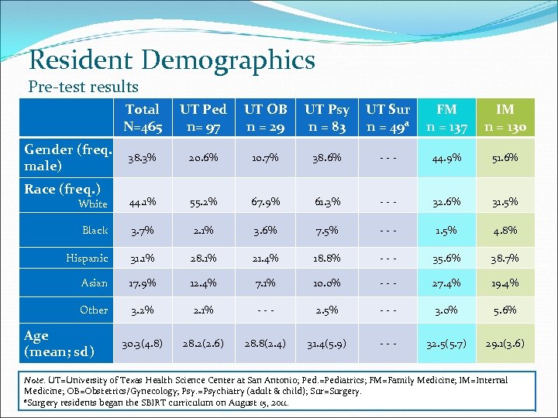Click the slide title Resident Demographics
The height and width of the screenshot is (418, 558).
click(171, 60)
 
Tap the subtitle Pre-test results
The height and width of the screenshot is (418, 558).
click(83, 87)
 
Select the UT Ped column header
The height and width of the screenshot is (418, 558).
click(203, 118)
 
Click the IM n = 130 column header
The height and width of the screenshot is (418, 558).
click(505, 118)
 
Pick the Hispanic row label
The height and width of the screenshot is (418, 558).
click(87, 258)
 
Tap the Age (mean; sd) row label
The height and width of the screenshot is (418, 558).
click(59, 344)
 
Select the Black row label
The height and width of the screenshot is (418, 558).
click(95, 230)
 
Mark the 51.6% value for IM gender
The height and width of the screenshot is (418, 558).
click(505, 158)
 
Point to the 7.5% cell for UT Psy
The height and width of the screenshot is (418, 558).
click(326, 231)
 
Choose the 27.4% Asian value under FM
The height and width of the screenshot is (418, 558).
click(446, 284)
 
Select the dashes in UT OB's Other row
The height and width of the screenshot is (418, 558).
click(266, 310)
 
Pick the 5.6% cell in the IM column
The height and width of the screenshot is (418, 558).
click(505, 310)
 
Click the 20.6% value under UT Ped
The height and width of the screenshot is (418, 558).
click(203, 158)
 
